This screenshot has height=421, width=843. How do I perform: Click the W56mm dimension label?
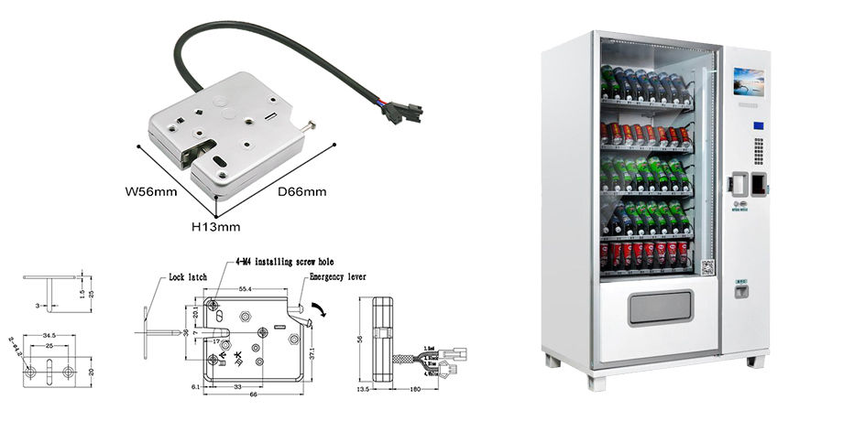pyautogui.click(x=150, y=193)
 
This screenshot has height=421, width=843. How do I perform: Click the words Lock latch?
pyautogui.click(x=189, y=276)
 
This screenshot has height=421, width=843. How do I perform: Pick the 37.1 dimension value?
pyautogui.click(x=312, y=351)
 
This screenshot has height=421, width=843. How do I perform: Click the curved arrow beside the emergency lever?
pyautogui.click(x=317, y=313)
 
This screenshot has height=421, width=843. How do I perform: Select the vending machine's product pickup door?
pyautogui.click(x=660, y=307)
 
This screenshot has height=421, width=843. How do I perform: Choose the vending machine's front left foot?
pyautogui.click(x=553, y=361)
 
